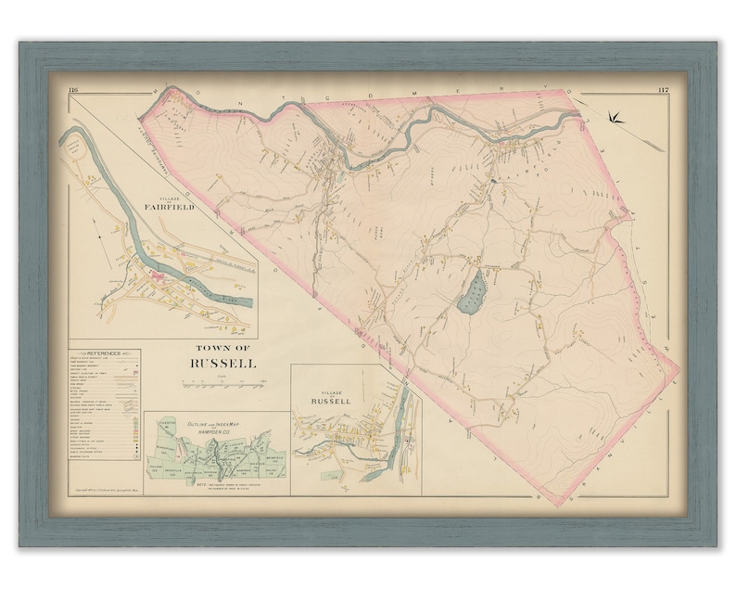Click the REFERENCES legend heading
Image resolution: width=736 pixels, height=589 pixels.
pos(104,355)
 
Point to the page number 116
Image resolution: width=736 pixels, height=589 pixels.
pos(72,89)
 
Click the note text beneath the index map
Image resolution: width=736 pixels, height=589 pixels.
pos(219,484)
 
